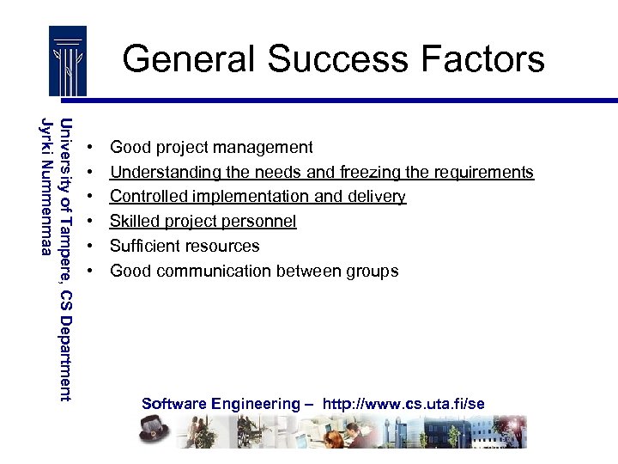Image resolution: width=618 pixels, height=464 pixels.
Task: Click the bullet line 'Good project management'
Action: [x=211, y=148]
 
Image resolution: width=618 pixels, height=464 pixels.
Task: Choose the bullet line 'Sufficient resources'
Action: [x=185, y=247]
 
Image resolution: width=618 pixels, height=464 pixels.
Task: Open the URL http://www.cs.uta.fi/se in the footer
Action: [x=403, y=404]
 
